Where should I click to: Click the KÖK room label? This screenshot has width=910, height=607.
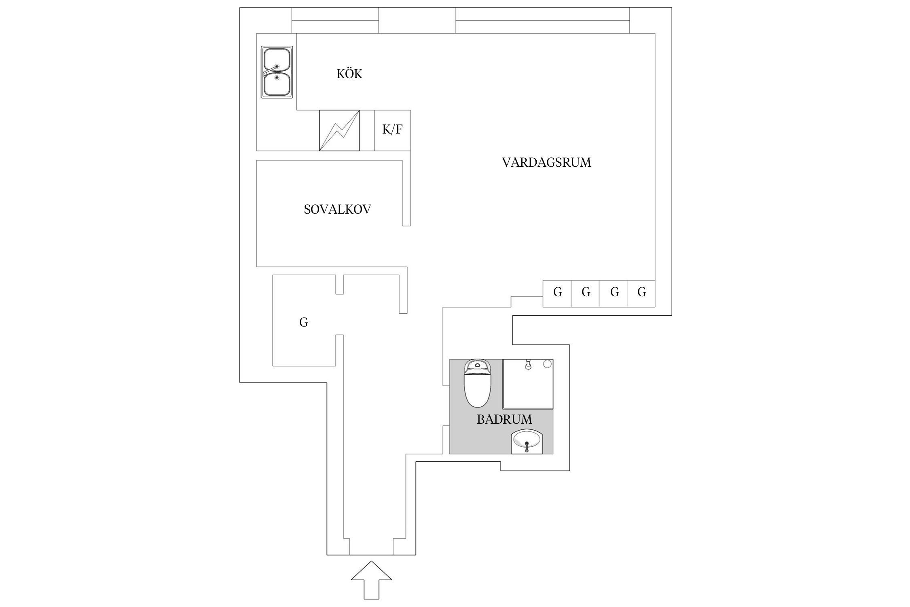349,74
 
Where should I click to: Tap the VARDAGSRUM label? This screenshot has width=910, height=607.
546,162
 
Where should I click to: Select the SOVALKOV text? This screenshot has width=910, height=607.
337,209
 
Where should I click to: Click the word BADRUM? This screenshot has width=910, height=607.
504,419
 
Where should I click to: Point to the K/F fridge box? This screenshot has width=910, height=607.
392,130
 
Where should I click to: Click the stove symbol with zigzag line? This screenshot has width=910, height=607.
339,130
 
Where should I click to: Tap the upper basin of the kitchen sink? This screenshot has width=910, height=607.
277,59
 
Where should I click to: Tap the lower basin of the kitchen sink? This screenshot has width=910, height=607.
277,84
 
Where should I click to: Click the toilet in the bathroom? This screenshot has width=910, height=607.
477,388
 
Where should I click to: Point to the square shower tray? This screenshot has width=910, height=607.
527,388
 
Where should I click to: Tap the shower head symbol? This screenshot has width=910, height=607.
527,365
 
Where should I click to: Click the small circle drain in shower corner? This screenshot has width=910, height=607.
547,364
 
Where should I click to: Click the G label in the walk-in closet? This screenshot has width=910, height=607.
303,323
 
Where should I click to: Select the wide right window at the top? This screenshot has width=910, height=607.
542,20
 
